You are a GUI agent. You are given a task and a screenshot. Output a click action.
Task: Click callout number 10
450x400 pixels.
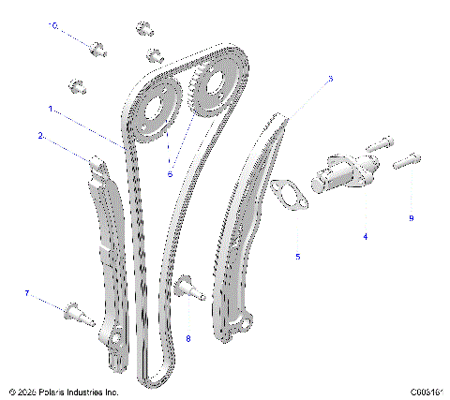pos(53,26)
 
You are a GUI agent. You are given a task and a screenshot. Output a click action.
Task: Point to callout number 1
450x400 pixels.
pos(50,109)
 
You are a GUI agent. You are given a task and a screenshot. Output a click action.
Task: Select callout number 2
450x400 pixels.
pos(41,136)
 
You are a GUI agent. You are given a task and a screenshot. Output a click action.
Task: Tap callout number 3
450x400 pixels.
pos(329,81)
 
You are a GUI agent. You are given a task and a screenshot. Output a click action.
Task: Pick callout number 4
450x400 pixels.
pos(366,237)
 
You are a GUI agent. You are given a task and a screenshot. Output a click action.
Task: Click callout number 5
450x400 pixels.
pos(298,256)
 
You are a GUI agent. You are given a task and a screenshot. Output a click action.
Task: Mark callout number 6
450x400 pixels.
pos(170,173)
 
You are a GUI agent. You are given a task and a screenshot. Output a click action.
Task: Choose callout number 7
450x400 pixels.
pos(28,294)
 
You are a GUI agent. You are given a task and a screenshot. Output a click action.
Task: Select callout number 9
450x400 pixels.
pos(411,218)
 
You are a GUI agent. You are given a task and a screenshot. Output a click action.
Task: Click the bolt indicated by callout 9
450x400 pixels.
pos(403,161)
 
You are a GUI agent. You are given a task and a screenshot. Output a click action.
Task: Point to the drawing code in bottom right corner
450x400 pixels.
pos(425,392)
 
